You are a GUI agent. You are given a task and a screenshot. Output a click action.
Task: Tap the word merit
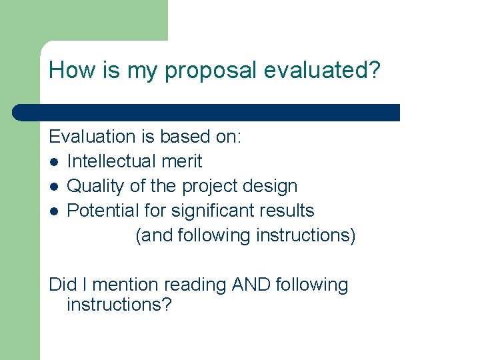(x=183, y=161)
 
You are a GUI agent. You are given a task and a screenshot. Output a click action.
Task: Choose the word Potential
(x=102, y=211)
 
